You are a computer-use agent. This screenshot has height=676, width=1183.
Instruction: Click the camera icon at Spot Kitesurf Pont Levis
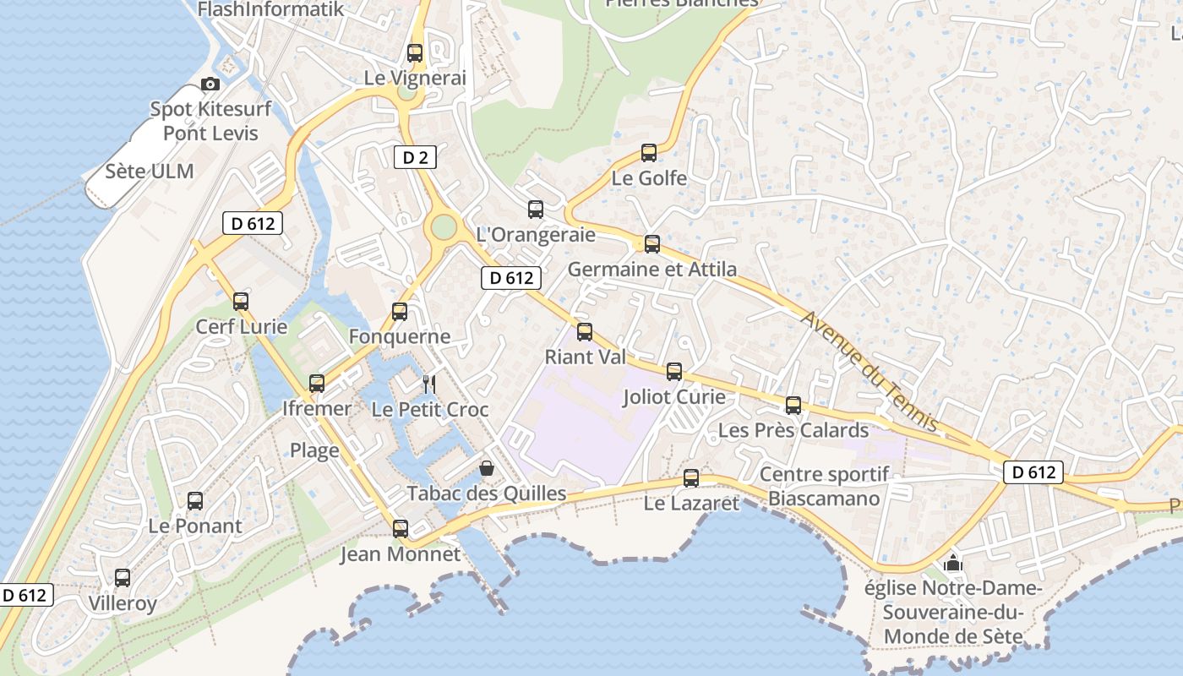pyautogui.click(x=210, y=84)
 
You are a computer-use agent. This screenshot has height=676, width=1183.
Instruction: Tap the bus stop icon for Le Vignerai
pyautogui.click(x=415, y=52)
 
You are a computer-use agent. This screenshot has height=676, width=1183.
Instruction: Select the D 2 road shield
pyautogui.click(x=414, y=156)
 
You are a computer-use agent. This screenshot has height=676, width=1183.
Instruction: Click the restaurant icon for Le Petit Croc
pyautogui.click(x=429, y=384)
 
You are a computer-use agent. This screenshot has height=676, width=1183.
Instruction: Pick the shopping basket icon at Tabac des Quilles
pyautogui.click(x=487, y=467)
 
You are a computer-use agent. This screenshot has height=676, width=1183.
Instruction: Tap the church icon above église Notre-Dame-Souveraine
pyautogui.click(x=953, y=562)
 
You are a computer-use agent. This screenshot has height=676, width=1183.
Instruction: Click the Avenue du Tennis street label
pyautogui.click(x=871, y=371)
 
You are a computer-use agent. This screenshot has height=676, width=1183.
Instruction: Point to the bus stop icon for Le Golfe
pyautogui.click(x=649, y=153)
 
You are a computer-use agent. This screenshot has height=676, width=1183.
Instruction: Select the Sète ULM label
pyautogui.click(x=150, y=172)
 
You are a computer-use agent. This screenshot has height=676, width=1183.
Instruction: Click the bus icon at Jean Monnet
pyautogui.click(x=401, y=529)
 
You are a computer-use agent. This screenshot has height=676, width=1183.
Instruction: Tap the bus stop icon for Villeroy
pyautogui.click(x=123, y=578)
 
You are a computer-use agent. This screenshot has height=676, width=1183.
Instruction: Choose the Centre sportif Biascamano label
pyautogui.click(x=824, y=486)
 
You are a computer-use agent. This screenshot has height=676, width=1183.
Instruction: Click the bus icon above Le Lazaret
pyautogui.click(x=691, y=478)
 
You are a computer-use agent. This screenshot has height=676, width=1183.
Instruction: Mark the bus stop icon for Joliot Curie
pyautogui.click(x=674, y=371)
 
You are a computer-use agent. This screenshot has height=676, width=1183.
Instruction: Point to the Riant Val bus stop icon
pyautogui.click(x=585, y=332)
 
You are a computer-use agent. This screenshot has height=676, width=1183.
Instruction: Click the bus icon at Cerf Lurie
pyautogui.click(x=241, y=302)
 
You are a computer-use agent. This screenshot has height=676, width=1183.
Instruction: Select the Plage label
pyautogui.click(x=314, y=450)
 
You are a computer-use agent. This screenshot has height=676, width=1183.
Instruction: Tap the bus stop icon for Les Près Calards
pyautogui.click(x=793, y=406)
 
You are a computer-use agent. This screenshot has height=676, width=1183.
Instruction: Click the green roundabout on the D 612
pyautogui.click(x=443, y=227)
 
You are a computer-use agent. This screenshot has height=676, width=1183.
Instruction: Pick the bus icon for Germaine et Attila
pyautogui.click(x=652, y=244)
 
